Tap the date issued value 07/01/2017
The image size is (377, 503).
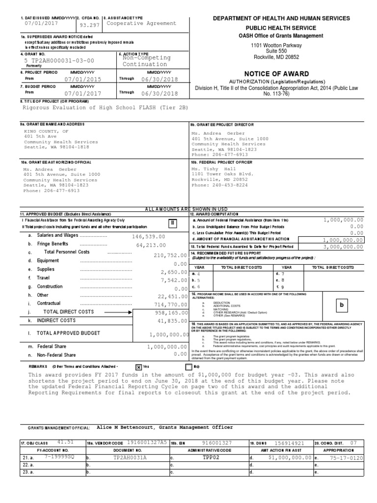click(41, 23)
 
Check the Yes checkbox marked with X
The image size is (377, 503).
click(138, 366)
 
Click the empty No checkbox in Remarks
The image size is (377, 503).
click(189, 366)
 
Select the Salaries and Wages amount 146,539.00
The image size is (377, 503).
click(148, 236)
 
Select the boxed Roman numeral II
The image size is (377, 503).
click(173, 223)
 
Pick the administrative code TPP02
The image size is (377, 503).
click(210, 457)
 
